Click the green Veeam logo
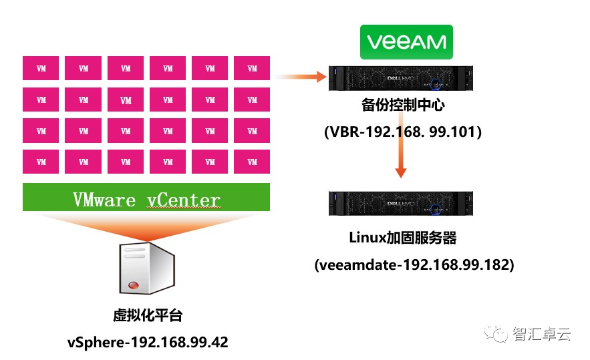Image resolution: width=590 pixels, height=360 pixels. (x=406, y=42)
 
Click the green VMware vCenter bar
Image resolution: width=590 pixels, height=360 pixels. (x=146, y=198)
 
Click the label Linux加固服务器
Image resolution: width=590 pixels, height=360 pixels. (x=403, y=238)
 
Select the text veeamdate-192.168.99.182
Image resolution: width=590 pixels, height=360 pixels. (x=414, y=265)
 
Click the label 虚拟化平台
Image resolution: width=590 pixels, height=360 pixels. (x=147, y=315)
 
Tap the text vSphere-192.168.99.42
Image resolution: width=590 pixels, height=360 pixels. (x=148, y=343)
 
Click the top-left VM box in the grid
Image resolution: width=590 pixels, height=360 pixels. (x=41, y=68)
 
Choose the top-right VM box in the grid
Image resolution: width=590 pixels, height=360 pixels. (x=252, y=68)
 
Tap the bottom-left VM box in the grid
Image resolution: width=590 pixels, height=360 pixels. (x=41, y=162)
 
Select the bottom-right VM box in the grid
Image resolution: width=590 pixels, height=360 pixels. (x=252, y=162)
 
